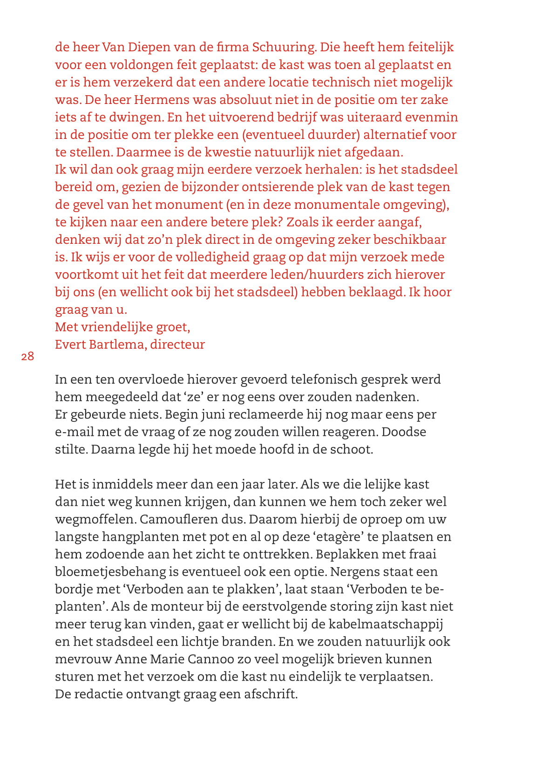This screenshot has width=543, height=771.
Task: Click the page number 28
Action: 27,357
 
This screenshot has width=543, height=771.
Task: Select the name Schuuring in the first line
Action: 284,47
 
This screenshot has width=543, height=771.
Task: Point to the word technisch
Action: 343,82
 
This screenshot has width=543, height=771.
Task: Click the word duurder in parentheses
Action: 333,135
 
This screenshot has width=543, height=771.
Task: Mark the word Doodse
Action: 404,432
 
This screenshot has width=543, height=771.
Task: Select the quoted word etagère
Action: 339,537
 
